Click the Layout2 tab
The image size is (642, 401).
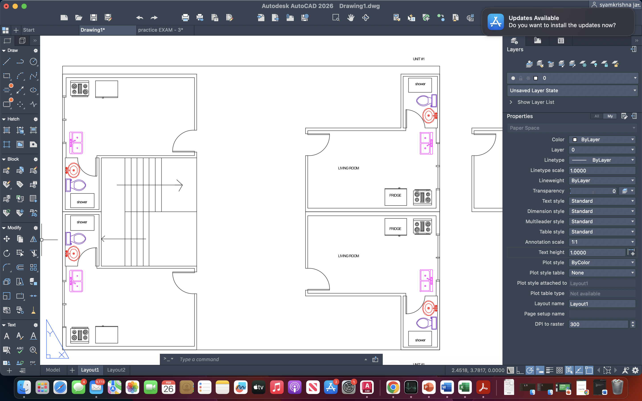116,370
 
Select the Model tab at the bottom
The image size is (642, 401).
53,370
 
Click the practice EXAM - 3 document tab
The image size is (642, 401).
160,30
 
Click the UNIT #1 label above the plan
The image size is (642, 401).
418,59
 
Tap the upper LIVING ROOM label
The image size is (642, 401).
348,168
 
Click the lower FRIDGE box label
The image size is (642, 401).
395,229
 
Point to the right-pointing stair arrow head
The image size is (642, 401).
180,185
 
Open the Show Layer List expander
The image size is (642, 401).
511,102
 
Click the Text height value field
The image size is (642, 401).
597,252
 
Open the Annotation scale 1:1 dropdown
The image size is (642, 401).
602,242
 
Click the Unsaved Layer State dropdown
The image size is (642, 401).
572,90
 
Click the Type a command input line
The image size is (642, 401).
271,359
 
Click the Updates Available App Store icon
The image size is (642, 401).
495,22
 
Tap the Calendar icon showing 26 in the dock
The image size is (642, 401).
169,387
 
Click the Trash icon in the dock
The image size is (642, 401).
617,387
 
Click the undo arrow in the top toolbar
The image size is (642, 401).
140,18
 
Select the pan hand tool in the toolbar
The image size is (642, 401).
351,18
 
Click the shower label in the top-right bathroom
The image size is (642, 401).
420,84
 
